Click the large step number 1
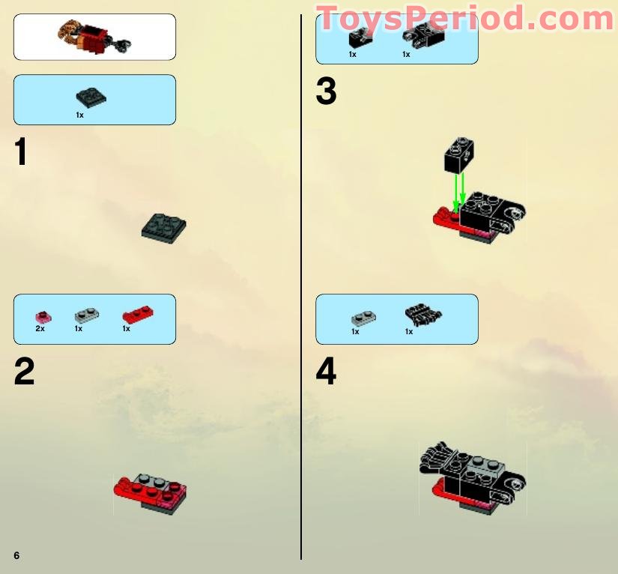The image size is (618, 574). point(21,153)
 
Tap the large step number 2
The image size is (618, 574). point(24,372)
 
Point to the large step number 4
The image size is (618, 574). point(326,372)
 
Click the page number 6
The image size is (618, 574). point(16,555)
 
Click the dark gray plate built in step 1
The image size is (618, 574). point(164,226)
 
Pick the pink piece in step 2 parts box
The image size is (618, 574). point(43,317)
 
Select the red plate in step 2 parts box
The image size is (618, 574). point(136,315)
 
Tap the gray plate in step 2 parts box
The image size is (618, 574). point(86,316)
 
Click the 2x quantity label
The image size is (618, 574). point(40,329)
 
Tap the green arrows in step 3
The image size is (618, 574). point(459,190)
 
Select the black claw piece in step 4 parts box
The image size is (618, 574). point(422,313)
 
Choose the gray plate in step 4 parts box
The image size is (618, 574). point(363,318)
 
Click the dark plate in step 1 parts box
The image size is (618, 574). point(91,97)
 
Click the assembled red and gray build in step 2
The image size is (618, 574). point(150,491)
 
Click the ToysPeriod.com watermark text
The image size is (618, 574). point(464,19)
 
